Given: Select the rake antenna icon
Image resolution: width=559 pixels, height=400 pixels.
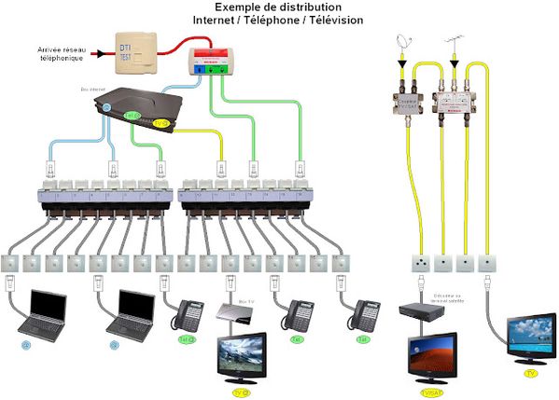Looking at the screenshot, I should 456,43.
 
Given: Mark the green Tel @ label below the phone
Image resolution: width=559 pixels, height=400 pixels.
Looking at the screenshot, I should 185,339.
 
